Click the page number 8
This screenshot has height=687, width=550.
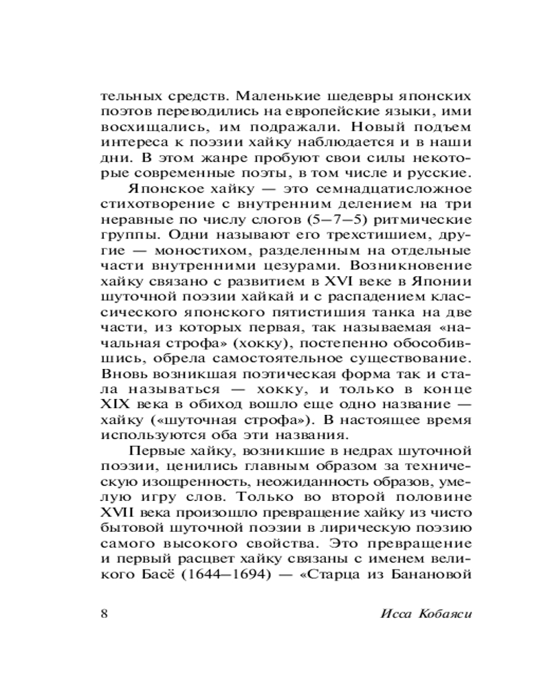(104, 613)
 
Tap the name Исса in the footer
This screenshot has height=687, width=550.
(394, 613)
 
